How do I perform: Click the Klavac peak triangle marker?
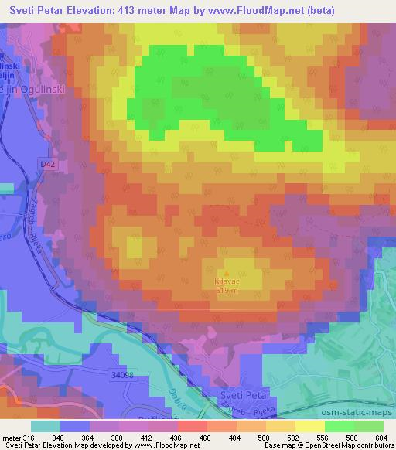pos(227,273)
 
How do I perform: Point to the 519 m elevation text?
pos(227,291)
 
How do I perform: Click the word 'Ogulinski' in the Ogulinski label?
pos(46,89)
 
